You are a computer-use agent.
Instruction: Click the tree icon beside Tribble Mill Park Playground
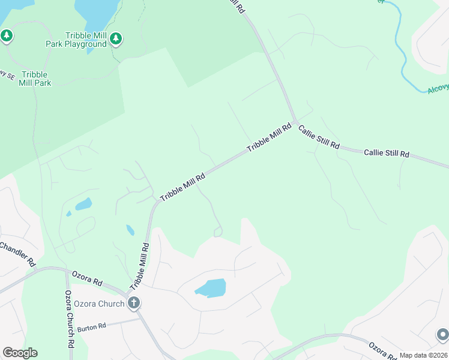pyautogui.click(x=116, y=39)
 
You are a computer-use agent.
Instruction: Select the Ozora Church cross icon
pyautogui.click(x=134, y=303)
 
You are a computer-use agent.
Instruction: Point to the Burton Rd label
pyautogui.click(x=91, y=326)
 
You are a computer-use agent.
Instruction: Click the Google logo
pyautogui.click(x=20, y=353)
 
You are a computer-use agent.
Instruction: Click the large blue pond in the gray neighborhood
pyautogui.click(x=211, y=288)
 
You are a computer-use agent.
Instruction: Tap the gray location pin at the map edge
pyautogui.click(x=442, y=334)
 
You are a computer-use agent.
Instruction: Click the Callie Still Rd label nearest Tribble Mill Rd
pyautogui.click(x=319, y=137)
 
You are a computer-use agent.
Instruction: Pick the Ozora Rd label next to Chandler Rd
pyautogui.click(x=87, y=277)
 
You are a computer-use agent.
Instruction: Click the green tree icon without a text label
pyautogui.click(x=7, y=36)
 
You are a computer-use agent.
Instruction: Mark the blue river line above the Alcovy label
pyautogui.click(x=399, y=42)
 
